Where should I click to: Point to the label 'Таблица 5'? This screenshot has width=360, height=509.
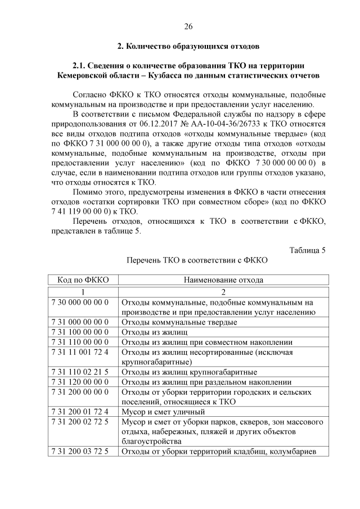(x=307, y=250)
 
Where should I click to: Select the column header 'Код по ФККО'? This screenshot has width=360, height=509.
(x=83, y=280)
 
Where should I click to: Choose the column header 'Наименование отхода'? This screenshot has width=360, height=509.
(x=223, y=280)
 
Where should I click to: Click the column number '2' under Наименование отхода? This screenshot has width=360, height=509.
(x=223, y=292)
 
